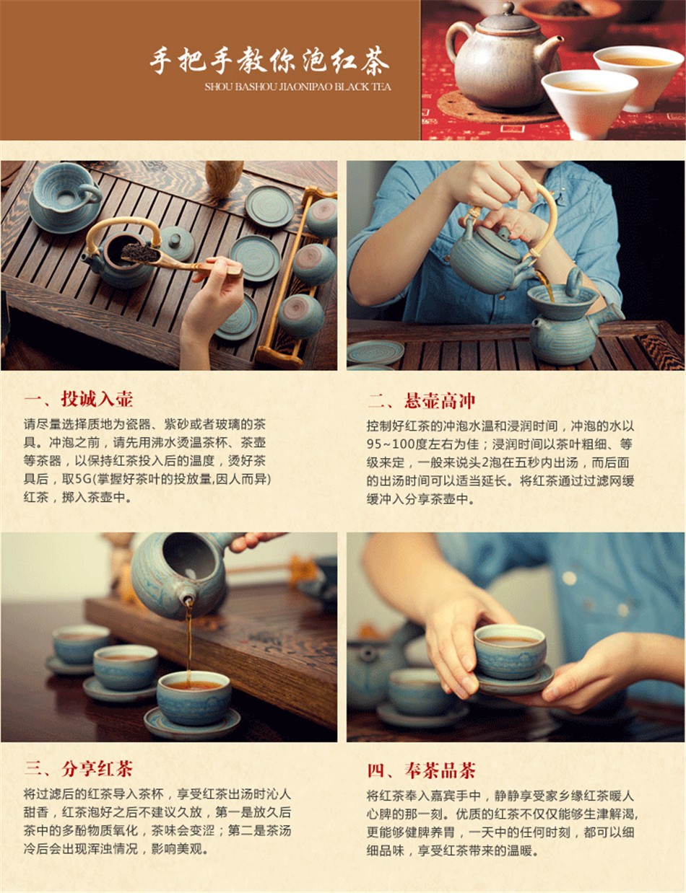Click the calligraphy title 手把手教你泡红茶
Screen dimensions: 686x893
269,61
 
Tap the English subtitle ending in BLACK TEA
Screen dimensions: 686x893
298,87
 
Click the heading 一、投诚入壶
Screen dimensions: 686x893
78,399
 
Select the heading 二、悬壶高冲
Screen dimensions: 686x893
421,400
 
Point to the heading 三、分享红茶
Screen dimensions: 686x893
78,768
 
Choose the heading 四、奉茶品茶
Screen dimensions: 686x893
421,770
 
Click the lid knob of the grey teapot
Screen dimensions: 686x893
509,8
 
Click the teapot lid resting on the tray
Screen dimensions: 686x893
177,242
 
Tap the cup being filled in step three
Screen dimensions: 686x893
194,698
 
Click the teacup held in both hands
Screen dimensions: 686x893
510,651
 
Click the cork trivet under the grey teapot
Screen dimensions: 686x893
493,107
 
